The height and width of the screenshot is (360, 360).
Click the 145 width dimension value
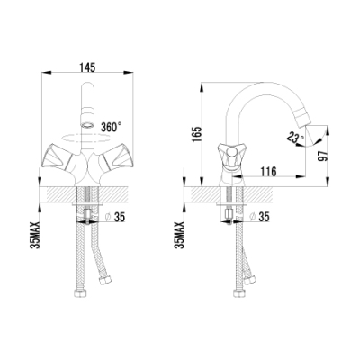[87, 67]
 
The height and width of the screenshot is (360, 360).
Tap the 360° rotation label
[111, 127]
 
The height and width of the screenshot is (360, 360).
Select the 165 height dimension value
[196, 135]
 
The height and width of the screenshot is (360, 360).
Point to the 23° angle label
[295, 137]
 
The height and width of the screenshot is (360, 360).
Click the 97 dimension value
[323, 156]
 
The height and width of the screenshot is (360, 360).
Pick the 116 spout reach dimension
[268, 172]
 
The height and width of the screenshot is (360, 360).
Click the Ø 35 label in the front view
[115, 217]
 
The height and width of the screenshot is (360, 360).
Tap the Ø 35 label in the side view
[259, 217]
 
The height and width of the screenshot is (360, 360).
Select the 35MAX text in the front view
[36, 236]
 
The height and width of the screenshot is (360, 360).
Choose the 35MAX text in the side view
[180, 236]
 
